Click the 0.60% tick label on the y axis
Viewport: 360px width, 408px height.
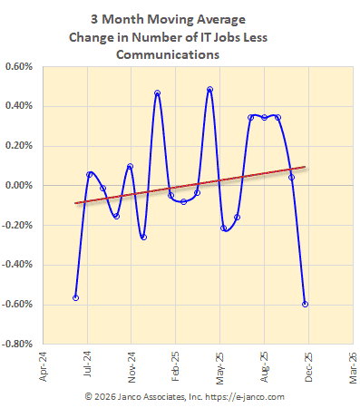[x=19, y=66]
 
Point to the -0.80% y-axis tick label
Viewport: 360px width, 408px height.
[x=17, y=345]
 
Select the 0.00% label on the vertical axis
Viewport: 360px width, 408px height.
[x=19, y=185]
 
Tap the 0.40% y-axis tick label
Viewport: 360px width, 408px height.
[x=19, y=106]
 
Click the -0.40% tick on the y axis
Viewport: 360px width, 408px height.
[x=17, y=265]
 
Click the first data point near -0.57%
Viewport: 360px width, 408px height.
[x=76, y=297]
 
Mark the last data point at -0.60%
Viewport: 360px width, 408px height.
[x=305, y=304]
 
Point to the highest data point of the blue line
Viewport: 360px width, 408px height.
[x=209, y=90]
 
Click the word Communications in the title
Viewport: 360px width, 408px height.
[x=168, y=53]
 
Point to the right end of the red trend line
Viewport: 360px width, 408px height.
[x=305, y=167]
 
